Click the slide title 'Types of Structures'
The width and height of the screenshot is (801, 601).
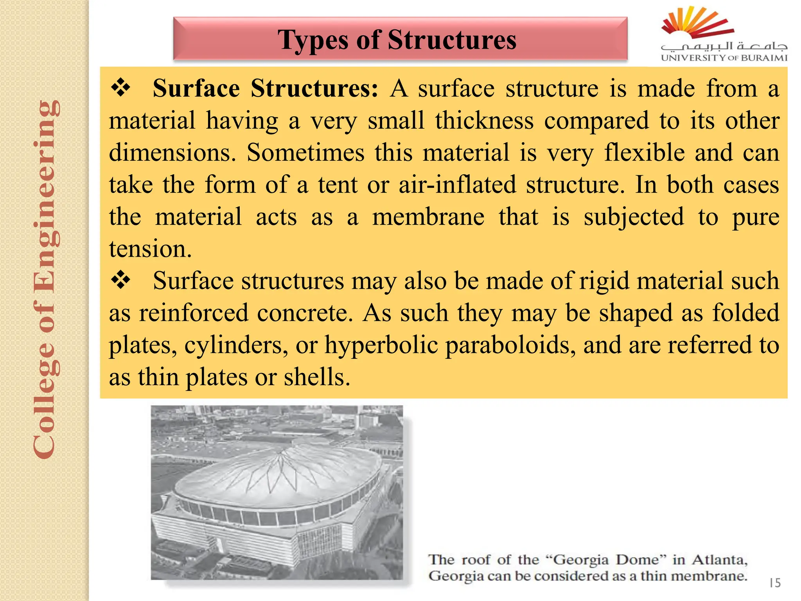point(397,40)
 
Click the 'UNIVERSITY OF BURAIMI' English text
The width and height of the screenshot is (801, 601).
point(724,58)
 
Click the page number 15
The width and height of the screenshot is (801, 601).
point(774,583)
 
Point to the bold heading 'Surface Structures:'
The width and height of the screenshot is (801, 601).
point(265,88)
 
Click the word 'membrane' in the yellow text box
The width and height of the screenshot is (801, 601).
point(428,217)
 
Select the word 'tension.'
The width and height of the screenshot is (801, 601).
point(151,249)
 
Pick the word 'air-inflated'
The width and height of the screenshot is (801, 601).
point(457,185)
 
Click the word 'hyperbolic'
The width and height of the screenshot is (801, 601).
point(381,345)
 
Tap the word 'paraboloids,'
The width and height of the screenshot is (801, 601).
point(510,345)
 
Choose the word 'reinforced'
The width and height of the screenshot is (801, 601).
point(194,313)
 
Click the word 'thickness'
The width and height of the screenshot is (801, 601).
point(484,121)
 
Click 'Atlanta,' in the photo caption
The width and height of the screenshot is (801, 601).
point(719,560)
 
